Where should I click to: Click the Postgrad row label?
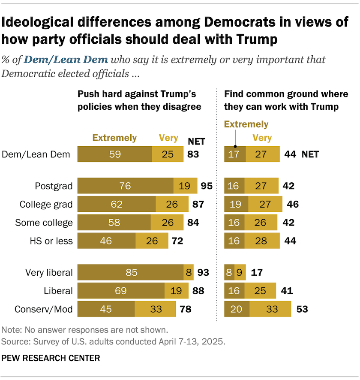pyautogui.click(x=53, y=186)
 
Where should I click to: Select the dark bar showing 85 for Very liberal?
pyautogui.click(x=130, y=272)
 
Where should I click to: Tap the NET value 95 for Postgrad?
pyautogui.click(x=207, y=186)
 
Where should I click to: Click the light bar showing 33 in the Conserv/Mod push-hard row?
pyautogui.click(x=155, y=309)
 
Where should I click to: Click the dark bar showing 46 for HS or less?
pyautogui.click(x=106, y=241)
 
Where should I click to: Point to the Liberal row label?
pyautogui.click(x=59, y=291)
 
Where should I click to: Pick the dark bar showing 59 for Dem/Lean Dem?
pyautogui.click(x=114, y=154)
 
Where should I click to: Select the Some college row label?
pyautogui.click(x=44, y=223)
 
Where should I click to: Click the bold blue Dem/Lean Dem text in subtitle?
pyautogui.click(x=66, y=60)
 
